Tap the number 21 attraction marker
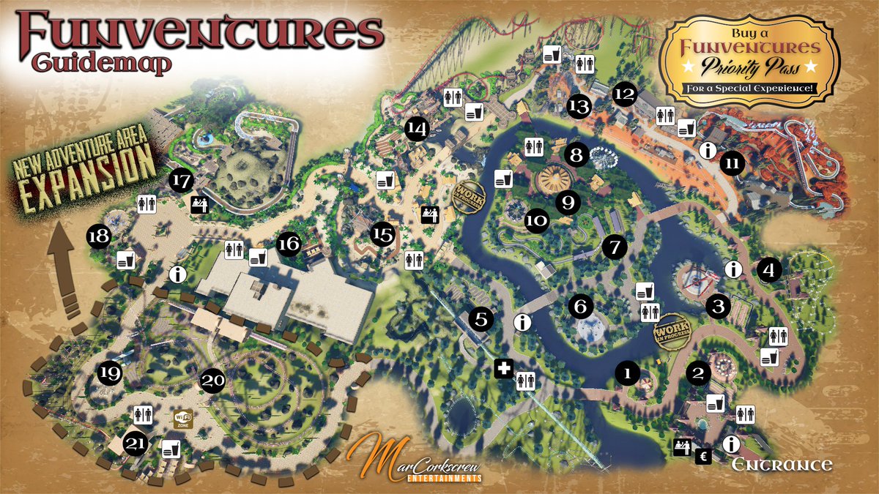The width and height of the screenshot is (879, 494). coord(135,443)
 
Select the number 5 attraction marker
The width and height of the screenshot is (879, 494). coord(481,319)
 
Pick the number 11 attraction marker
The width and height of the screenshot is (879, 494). coord(731,163)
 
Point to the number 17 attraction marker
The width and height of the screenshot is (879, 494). coord(182,179)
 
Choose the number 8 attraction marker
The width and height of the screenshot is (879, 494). coord(576,155)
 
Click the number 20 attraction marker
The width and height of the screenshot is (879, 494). coord(212,381)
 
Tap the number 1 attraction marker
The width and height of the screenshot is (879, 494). coord(626,373)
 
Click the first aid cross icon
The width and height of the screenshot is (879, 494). coord(503,369)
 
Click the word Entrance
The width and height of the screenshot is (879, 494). coord(782,465)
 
